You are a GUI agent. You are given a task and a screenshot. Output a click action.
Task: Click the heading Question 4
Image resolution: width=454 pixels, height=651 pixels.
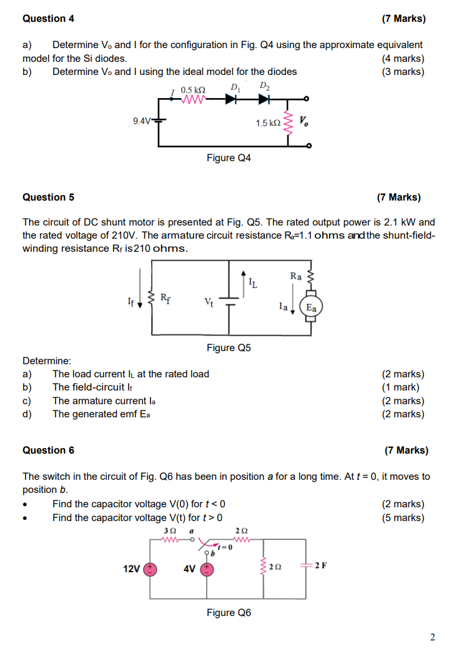pyautogui.click(x=48, y=19)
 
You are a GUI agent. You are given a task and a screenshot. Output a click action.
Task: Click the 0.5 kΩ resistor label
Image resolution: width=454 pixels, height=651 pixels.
pyautogui.click(x=193, y=90)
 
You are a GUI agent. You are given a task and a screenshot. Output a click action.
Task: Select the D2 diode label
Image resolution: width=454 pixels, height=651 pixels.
pyautogui.click(x=264, y=86)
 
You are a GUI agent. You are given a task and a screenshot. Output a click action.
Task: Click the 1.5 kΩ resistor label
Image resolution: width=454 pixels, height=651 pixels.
pyautogui.click(x=268, y=124)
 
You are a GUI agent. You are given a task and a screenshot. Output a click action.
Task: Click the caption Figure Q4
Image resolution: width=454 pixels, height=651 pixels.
pyautogui.click(x=229, y=158)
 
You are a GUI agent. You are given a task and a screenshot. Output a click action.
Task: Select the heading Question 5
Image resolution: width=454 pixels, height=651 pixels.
pyautogui.click(x=48, y=197)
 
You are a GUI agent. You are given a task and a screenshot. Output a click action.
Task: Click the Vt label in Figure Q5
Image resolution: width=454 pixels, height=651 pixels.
pyautogui.click(x=209, y=303)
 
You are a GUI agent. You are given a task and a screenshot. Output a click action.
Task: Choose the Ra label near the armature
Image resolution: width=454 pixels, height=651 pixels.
pyautogui.click(x=296, y=276)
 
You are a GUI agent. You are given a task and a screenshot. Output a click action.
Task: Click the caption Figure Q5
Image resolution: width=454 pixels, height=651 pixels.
pyautogui.click(x=229, y=347)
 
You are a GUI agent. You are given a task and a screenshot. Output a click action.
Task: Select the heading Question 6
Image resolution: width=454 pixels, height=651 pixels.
pyautogui.click(x=48, y=450)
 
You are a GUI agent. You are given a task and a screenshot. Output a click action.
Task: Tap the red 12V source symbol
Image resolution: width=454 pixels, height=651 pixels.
pyautogui.click(x=151, y=569)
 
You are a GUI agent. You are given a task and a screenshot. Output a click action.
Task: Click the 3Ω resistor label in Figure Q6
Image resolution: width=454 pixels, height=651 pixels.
pyautogui.click(x=169, y=530)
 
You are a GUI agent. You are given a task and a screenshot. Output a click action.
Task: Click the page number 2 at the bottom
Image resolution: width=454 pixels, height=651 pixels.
pyautogui.click(x=432, y=637)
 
